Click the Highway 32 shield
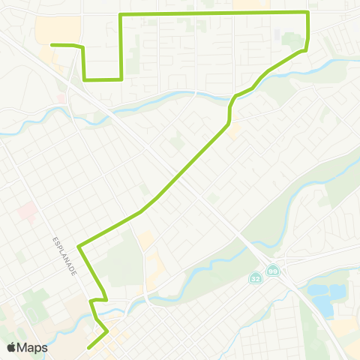pos(256,278)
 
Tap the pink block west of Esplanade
pos(25,211)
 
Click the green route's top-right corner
pos(307,13)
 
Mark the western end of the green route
pos(52,45)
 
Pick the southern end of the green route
pos(88,347)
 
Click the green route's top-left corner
pos(121,15)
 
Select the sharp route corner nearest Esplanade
pos(79,244)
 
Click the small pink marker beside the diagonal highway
pos(61,98)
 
